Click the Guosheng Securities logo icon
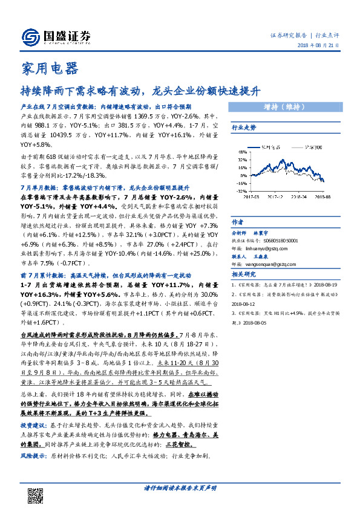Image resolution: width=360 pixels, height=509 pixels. (x=31, y=37)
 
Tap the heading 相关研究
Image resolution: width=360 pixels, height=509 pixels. (x=244, y=274)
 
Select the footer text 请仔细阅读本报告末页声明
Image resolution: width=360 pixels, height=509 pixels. (x=180, y=488)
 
